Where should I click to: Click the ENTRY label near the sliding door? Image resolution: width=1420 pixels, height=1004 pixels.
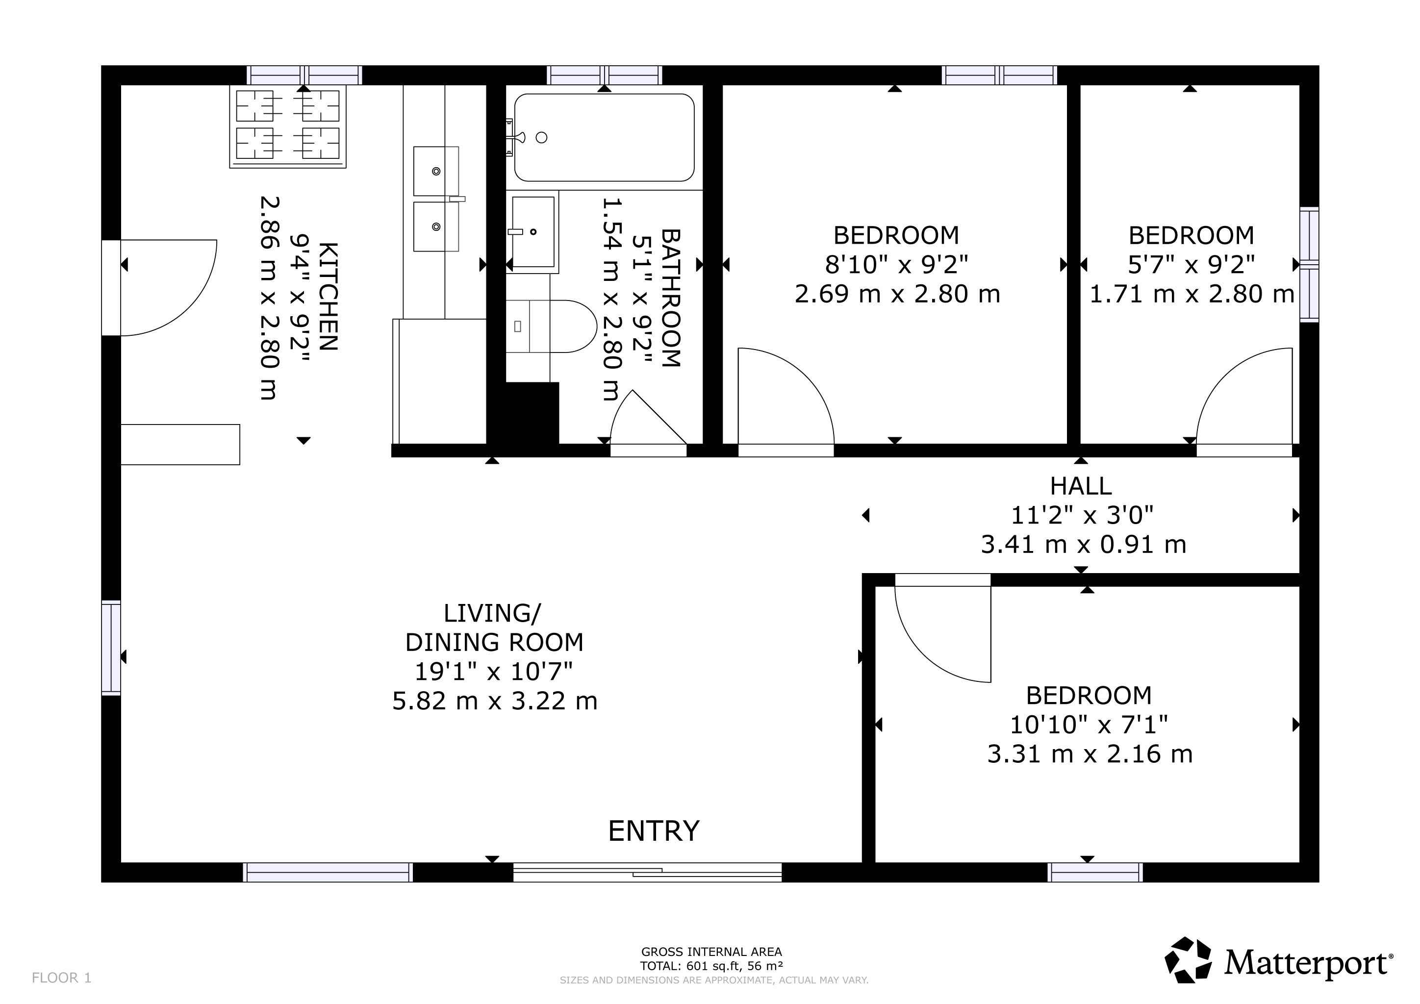pos(654,831)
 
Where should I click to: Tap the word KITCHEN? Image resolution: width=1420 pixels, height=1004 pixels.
pos(328,297)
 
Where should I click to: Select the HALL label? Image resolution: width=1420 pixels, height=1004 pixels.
pos(1081,486)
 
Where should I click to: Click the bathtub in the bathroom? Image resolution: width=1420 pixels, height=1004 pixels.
pos(604,137)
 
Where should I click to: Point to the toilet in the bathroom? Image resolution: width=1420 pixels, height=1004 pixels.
pos(551,326)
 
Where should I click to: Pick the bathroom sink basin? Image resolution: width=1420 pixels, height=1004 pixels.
pos(532,232)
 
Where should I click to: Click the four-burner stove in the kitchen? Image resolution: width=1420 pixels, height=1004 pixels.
pos(288,127)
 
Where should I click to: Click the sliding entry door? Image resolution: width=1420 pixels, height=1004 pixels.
pos(648,872)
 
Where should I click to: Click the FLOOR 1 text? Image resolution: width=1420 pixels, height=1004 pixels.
pos(62,978)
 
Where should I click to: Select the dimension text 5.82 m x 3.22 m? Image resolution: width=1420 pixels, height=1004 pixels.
pos(495,701)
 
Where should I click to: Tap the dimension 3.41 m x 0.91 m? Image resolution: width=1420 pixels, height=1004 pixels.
pos(1084,545)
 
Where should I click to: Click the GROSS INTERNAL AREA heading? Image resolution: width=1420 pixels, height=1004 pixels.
pos(711,952)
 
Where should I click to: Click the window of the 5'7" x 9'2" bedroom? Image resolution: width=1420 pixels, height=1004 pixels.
pos(1309,265)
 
